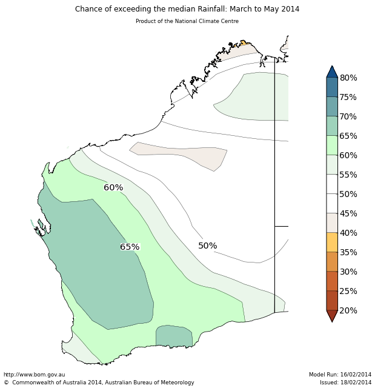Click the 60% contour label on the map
[x=113, y=188]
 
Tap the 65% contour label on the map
[x=130, y=247]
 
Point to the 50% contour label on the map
[x=207, y=246]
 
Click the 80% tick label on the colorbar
[x=348, y=78]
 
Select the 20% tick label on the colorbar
[x=348, y=311]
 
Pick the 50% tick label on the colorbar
[x=348, y=195]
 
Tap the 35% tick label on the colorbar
[x=348, y=253]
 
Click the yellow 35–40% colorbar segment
[x=332, y=242]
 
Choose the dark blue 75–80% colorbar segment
[x=332, y=87]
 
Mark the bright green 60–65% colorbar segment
[x=332, y=145]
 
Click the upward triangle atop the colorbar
[x=332, y=72]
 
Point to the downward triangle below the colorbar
[x=332, y=315]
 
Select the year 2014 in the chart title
[x=288, y=9]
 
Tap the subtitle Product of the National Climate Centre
[x=187, y=21]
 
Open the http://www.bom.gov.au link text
[x=35, y=375]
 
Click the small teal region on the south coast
[x=174, y=336]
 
